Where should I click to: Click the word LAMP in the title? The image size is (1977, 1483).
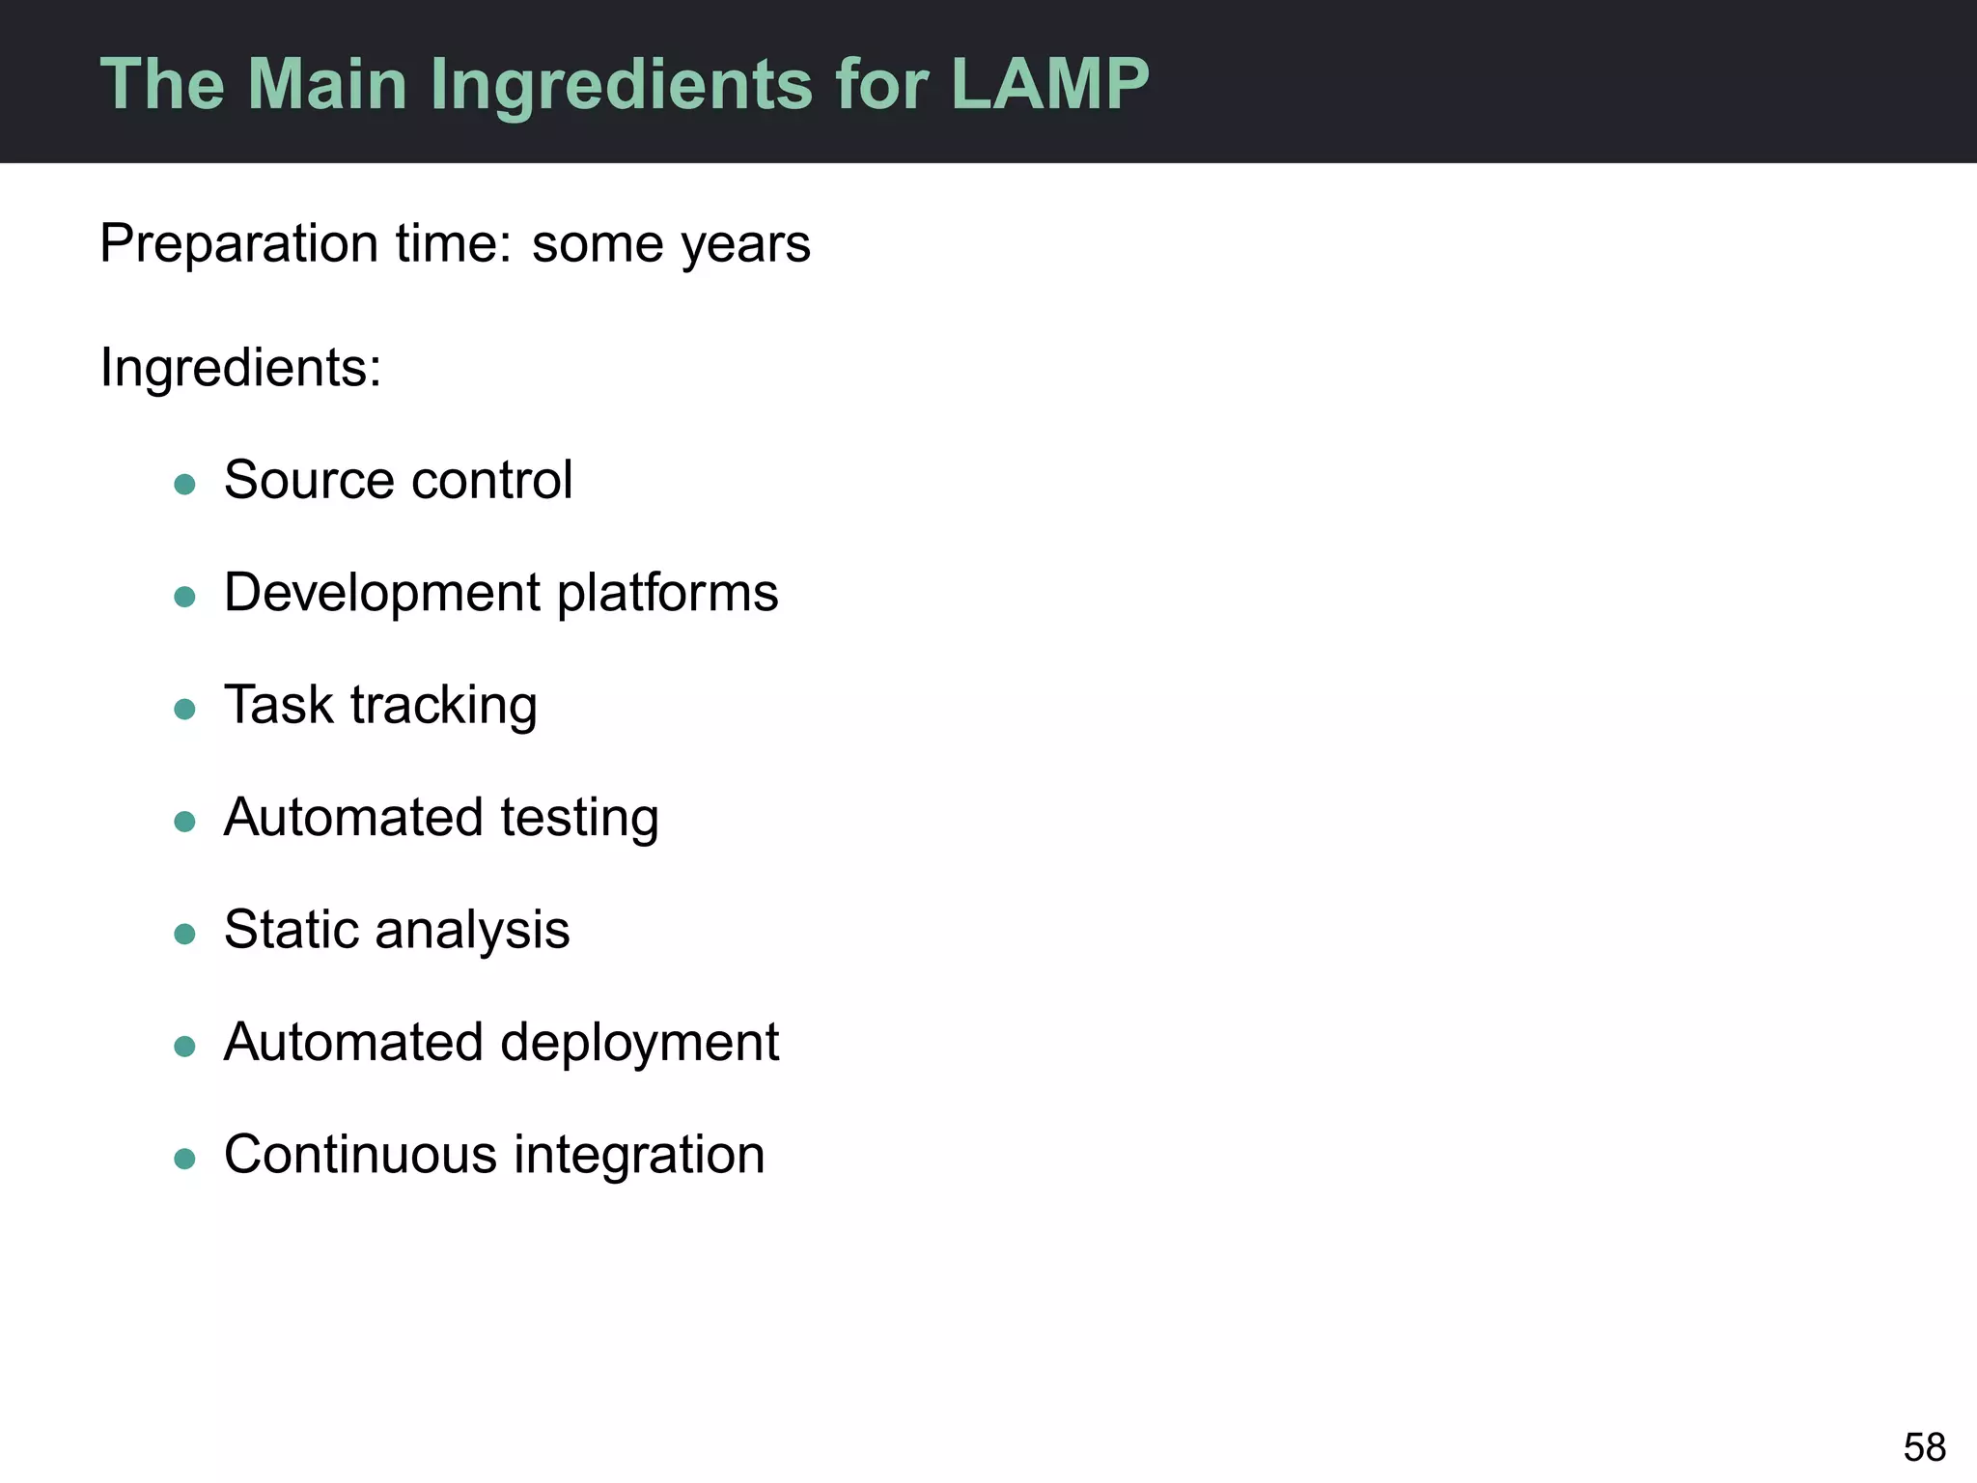pos(1049,85)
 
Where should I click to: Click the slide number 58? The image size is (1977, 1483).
pos(1924,1447)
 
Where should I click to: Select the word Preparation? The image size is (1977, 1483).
pos(238,243)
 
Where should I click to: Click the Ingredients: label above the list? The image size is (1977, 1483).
pos(241,368)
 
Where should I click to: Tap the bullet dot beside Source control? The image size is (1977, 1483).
pos(184,484)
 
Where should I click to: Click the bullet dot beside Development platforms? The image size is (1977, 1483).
pos(184,597)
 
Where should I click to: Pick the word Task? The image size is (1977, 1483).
pos(278,705)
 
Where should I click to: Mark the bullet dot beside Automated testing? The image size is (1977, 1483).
pos(184,822)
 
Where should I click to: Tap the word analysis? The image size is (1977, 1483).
pos(472,931)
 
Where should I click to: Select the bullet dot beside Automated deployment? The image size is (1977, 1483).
pos(184,1047)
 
